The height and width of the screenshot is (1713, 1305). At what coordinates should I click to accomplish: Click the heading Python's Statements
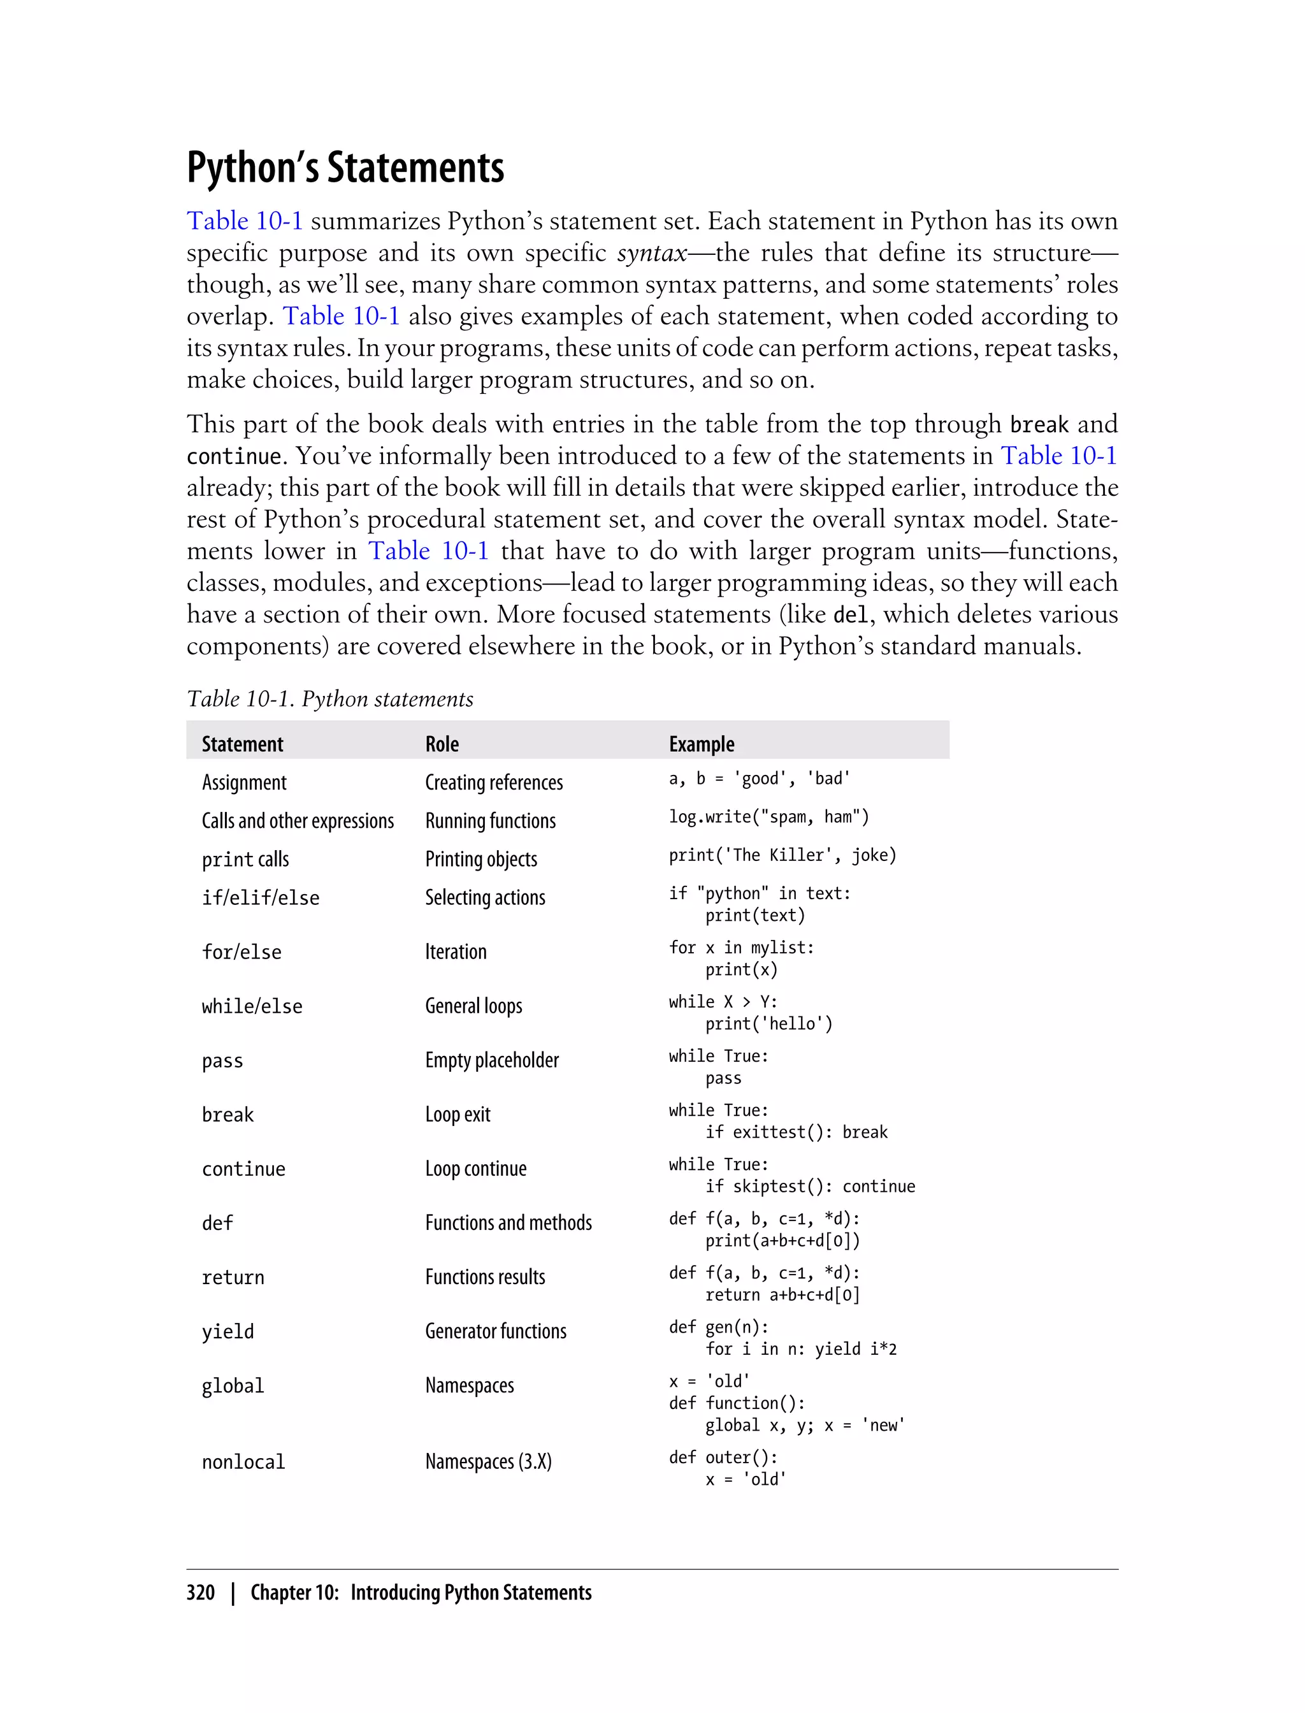(x=345, y=167)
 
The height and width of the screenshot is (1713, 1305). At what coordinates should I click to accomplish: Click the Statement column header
(x=242, y=744)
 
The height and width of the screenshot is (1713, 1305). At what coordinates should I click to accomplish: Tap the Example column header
(x=701, y=744)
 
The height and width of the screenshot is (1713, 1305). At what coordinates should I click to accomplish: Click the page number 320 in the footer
(x=201, y=1593)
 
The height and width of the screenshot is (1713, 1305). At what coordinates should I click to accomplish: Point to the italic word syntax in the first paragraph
(x=652, y=253)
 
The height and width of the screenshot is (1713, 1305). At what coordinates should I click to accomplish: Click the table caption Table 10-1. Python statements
(x=329, y=699)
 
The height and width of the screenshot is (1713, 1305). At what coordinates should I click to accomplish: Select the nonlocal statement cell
(x=243, y=1462)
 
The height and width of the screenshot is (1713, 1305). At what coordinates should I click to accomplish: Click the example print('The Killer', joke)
(x=782, y=855)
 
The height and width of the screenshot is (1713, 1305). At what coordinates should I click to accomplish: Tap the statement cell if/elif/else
(x=260, y=898)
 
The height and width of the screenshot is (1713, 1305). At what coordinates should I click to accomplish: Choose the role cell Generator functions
(x=496, y=1331)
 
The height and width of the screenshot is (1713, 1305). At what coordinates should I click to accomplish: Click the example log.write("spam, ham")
(x=768, y=816)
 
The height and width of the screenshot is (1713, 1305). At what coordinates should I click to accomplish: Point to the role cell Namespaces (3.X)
(x=488, y=1462)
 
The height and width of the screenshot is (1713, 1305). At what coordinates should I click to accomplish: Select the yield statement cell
(x=227, y=1331)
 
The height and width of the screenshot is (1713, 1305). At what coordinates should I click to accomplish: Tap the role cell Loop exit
(x=458, y=1115)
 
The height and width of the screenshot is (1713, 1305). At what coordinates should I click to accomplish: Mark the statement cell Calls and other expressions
(x=298, y=821)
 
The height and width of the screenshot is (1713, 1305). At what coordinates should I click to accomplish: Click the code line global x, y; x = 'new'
(x=805, y=1426)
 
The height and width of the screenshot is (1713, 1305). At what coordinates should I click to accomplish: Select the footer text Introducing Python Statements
(x=471, y=1593)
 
